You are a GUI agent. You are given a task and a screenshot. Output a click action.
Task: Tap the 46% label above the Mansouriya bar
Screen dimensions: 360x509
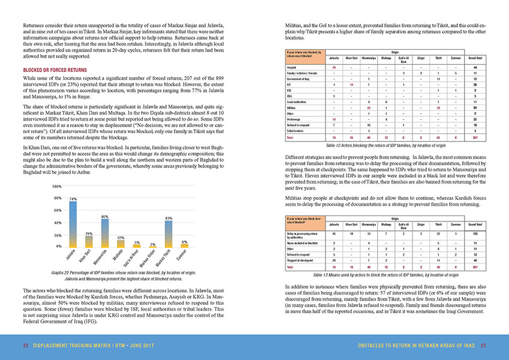104,216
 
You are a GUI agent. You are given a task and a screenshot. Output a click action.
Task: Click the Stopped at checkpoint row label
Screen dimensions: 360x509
303,260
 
